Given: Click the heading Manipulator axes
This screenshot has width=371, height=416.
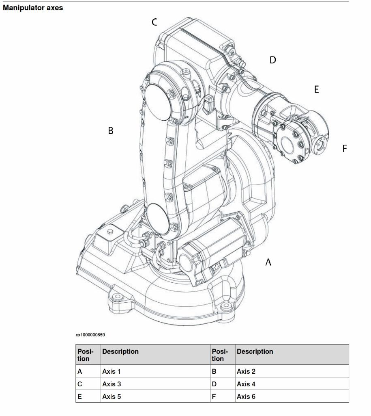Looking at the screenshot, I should [33, 8].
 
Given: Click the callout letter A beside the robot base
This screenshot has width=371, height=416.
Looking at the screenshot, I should [268, 262].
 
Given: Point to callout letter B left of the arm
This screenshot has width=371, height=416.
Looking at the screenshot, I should [110, 131].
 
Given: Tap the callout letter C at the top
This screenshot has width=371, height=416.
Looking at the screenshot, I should [154, 22].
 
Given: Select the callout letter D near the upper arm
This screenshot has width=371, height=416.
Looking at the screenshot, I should [273, 60].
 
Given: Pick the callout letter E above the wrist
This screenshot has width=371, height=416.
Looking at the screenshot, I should [317, 90].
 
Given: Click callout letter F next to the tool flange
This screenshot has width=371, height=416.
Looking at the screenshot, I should [345, 149].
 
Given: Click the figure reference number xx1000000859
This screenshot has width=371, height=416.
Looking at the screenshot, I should [90, 335].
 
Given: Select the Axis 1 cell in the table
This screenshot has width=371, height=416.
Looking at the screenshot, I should [111, 371].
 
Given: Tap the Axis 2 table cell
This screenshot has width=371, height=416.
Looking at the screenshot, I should [246, 371].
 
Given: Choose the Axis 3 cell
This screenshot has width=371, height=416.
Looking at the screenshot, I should [111, 384].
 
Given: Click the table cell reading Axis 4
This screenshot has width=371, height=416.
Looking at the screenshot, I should [246, 384].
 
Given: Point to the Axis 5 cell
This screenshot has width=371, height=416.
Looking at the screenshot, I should [111, 396].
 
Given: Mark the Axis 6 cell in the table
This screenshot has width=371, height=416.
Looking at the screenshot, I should [246, 396].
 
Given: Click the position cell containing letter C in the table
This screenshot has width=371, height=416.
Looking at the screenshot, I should [80, 384].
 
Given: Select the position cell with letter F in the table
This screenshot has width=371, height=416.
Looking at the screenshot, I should [214, 396].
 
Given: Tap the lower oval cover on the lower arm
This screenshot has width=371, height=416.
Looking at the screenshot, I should [158, 219].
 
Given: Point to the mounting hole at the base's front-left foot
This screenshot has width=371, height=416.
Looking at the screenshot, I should [118, 297].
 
